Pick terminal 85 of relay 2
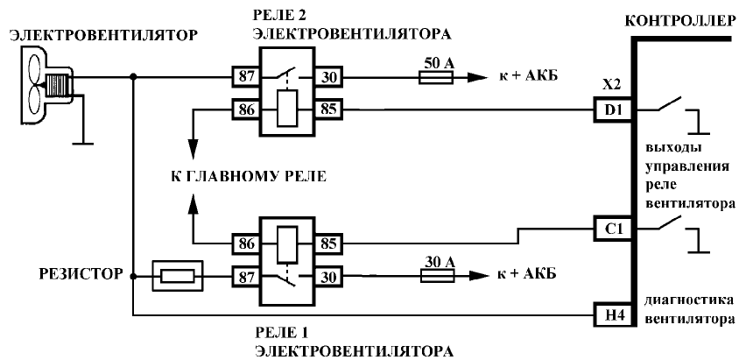(329, 110)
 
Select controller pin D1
(610, 110)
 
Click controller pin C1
(610, 228)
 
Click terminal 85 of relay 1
(329, 242)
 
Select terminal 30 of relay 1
(329, 274)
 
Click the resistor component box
(179, 274)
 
